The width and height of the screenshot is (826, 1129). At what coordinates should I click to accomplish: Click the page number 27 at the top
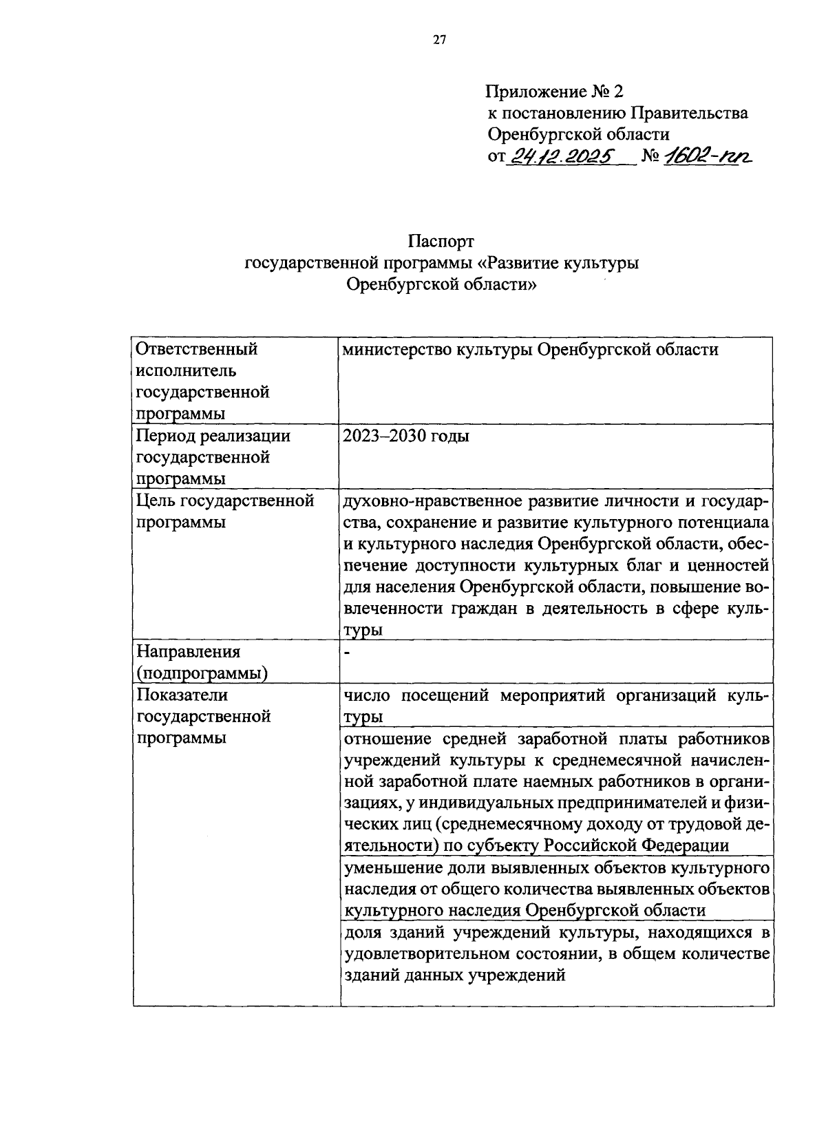click(x=440, y=40)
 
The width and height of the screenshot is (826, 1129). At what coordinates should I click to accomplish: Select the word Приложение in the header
click(x=533, y=92)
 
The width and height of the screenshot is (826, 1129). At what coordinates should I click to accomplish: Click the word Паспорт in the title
click(x=441, y=242)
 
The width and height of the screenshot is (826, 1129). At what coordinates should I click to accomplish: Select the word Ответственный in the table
click(x=197, y=350)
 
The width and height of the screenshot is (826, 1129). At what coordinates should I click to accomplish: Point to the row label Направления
click(x=188, y=652)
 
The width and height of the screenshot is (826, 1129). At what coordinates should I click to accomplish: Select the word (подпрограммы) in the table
click(x=202, y=673)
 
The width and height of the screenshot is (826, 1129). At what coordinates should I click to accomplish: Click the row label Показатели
click(x=182, y=695)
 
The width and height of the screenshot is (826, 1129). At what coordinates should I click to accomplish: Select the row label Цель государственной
click(x=225, y=501)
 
